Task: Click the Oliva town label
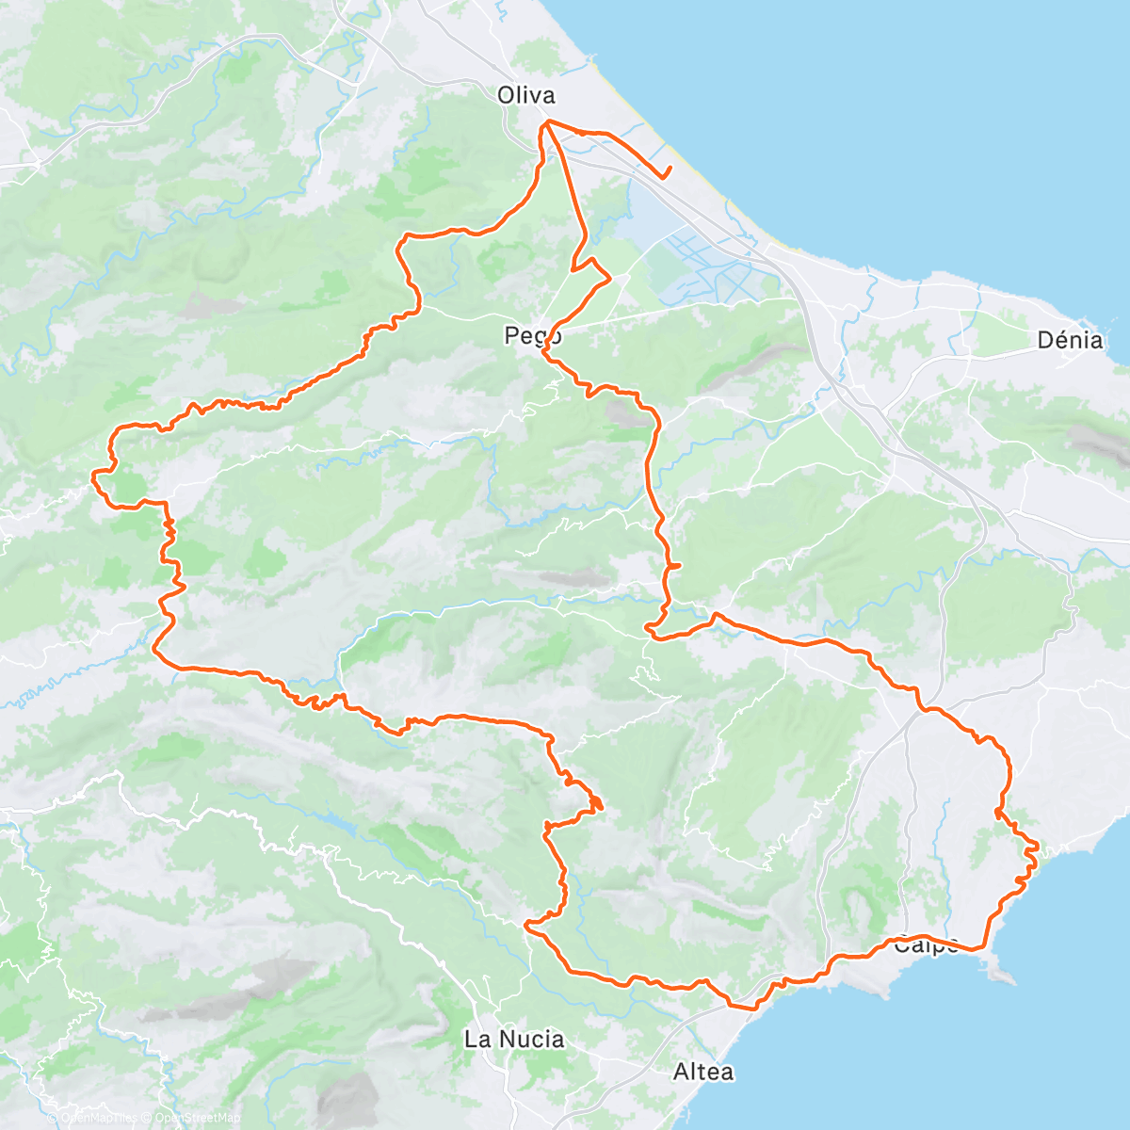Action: point(526,94)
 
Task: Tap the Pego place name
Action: point(533,334)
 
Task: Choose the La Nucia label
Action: point(514,1039)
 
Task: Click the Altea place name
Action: point(703,1071)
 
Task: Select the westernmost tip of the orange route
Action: point(92,477)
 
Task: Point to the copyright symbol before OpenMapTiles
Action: point(53,1118)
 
